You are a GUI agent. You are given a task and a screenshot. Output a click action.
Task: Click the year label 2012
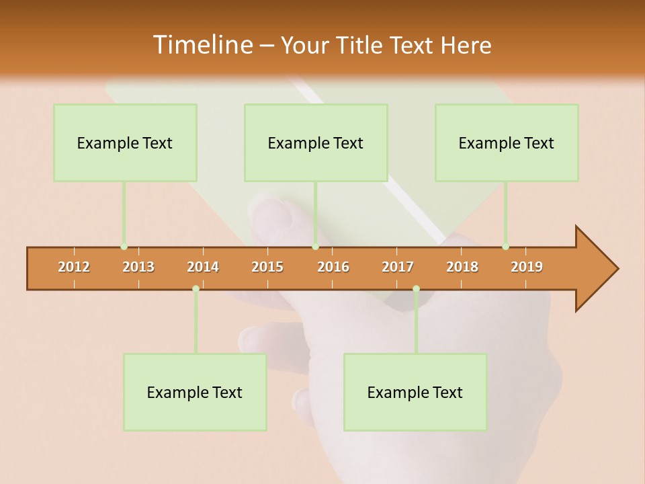pos(74,267)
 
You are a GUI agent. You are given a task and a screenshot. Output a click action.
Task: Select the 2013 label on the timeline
pos(138,267)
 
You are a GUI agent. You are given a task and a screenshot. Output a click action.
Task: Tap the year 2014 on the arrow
pos(203,267)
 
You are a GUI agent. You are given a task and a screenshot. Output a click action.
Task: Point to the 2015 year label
pos(267,267)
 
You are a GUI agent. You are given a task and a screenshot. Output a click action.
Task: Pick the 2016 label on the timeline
pos(333,267)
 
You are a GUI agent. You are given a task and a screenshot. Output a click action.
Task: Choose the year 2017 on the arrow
pos(398,267)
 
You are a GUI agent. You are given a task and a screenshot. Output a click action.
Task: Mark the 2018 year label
pos(462,267)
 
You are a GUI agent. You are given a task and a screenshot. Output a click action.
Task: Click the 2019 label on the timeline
pos(527,267)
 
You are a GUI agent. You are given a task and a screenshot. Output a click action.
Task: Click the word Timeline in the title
pos(202,45)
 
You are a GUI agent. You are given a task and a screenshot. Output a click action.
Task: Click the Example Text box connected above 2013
pos(125,143)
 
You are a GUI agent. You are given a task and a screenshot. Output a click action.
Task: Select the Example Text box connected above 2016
pos(316,143)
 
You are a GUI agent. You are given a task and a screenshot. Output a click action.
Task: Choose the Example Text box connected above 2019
pos(507,143)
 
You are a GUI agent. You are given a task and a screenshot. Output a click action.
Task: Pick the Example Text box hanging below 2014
pos(195,392)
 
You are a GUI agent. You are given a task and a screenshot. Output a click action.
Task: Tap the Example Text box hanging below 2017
pos(415,392)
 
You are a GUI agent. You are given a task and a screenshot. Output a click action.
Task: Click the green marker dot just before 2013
pos(124,247)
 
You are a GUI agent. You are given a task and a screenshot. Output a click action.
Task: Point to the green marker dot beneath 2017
pos(416,289)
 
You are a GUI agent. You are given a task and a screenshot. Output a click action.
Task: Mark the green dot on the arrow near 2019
pos(505,247)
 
